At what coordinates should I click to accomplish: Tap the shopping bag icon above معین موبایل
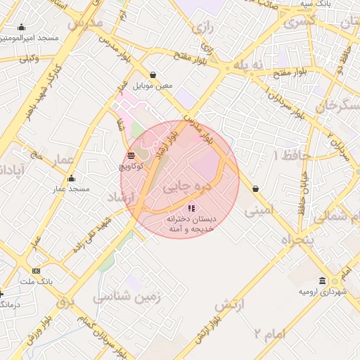click(153, 75)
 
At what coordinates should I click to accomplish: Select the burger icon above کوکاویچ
click(131, 156)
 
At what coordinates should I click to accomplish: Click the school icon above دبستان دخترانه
click(191, 209)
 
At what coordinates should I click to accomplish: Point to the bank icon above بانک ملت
click(37, 271)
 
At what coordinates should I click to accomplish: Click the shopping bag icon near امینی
click(254, 189)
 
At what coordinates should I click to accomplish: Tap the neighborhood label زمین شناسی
click(127, 297)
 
